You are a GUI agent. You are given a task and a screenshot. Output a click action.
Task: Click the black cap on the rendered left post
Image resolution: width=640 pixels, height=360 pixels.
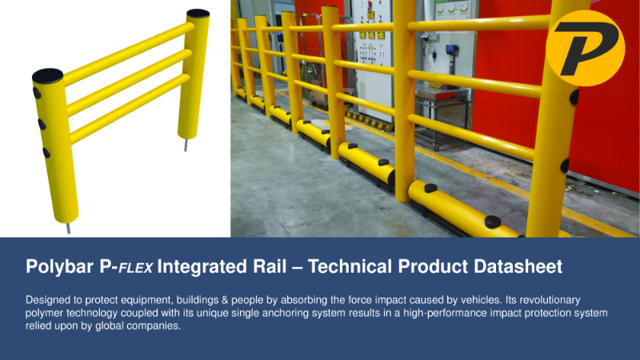coord(47,76)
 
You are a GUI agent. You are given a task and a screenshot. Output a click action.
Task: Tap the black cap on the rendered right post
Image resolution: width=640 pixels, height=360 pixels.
coord(198,14)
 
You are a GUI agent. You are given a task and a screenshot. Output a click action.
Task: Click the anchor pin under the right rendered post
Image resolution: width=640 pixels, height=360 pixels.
coord(189,146)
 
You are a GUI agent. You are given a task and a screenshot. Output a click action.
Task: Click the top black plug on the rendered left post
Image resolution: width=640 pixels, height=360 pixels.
coord(37,94)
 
